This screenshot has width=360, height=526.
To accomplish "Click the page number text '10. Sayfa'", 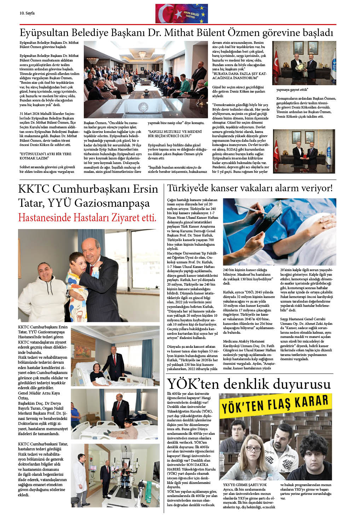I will point(27,13).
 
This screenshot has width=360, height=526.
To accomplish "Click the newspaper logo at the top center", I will point(181,13).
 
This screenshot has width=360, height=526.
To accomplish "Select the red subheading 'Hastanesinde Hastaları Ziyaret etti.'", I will point(87,217).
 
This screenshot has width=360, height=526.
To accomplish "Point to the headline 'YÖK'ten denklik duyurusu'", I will point(249,384).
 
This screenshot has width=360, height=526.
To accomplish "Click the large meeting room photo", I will point(145,80).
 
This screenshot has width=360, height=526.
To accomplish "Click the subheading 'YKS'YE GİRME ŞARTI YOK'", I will point(245,485).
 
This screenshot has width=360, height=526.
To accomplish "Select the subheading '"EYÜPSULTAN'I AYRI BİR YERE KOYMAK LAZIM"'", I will point(45,156).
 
